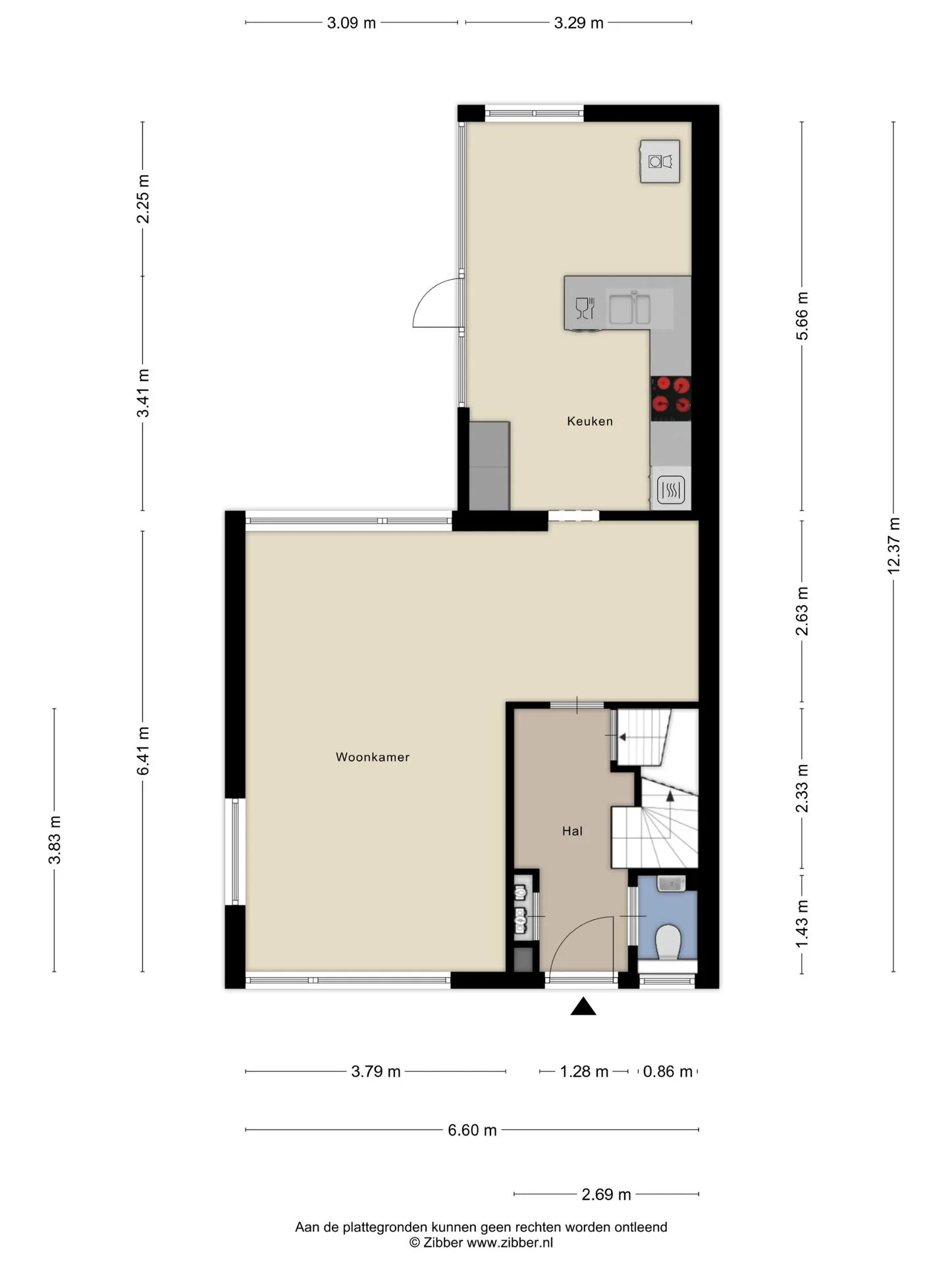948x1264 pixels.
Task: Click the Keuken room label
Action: tap(590, 421)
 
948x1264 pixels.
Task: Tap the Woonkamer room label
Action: tap(373, 757)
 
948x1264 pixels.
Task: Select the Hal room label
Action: tap(572, 831)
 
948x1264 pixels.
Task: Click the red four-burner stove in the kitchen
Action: tap(671, 398)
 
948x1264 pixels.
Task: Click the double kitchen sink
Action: tap(629, 309)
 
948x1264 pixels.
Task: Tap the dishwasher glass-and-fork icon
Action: tap(585, 308)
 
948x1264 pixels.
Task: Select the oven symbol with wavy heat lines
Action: tap(671, 490)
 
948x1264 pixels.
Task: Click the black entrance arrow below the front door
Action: tap(583, 1007)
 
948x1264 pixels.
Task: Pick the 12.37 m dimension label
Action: tap(893, 546)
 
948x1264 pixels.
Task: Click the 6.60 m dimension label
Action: tap(472, 1130)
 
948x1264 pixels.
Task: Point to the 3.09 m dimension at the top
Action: tap(352, 23)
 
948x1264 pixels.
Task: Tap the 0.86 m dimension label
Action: tap(668, 1072)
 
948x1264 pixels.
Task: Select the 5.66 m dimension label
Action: tap(802, 316)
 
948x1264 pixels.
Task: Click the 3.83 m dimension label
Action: tap(55, 839)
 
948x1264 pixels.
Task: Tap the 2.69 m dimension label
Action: tap(606, 1194)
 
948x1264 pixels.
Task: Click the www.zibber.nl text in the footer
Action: tap(510, 1243)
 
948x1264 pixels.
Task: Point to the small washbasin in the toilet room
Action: tap(671, 883)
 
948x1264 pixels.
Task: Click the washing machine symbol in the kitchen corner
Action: tap(660, 161)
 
